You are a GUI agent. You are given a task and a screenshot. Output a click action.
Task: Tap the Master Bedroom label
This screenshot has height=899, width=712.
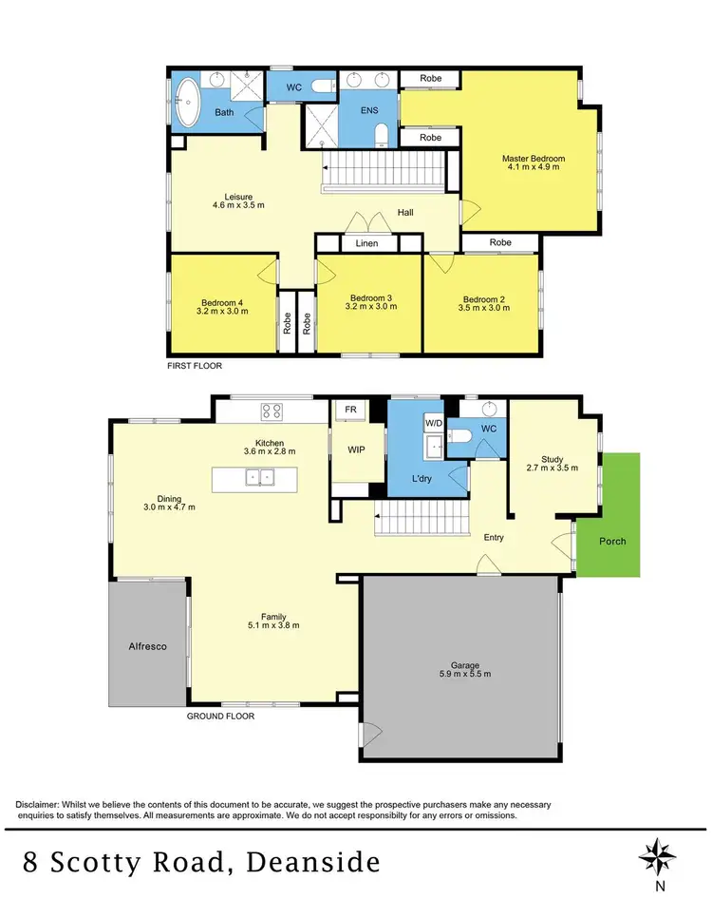(x=534, y=159)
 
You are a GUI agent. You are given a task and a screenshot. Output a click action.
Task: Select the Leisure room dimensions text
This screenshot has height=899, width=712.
(x=237, y=205)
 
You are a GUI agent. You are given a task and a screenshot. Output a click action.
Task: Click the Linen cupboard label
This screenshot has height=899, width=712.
(x=366, y=244)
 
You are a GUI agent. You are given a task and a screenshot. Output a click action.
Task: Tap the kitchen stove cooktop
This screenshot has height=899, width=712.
(x=272, y=411)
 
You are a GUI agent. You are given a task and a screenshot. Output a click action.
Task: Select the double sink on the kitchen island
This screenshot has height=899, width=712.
(x=258, y=477)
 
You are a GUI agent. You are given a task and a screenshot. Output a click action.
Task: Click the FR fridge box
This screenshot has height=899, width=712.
(x=350, y=410)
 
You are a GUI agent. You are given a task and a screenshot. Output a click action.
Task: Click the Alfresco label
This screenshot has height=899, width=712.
(x=147, y=646)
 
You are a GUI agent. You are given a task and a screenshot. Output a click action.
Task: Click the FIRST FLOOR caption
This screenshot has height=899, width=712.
(x=195, y=365)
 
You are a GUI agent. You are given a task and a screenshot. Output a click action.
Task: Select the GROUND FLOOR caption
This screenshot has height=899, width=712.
(x=220, y=717)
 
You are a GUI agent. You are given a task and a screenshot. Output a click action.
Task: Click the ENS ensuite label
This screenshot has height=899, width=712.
(x=369, y=111)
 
